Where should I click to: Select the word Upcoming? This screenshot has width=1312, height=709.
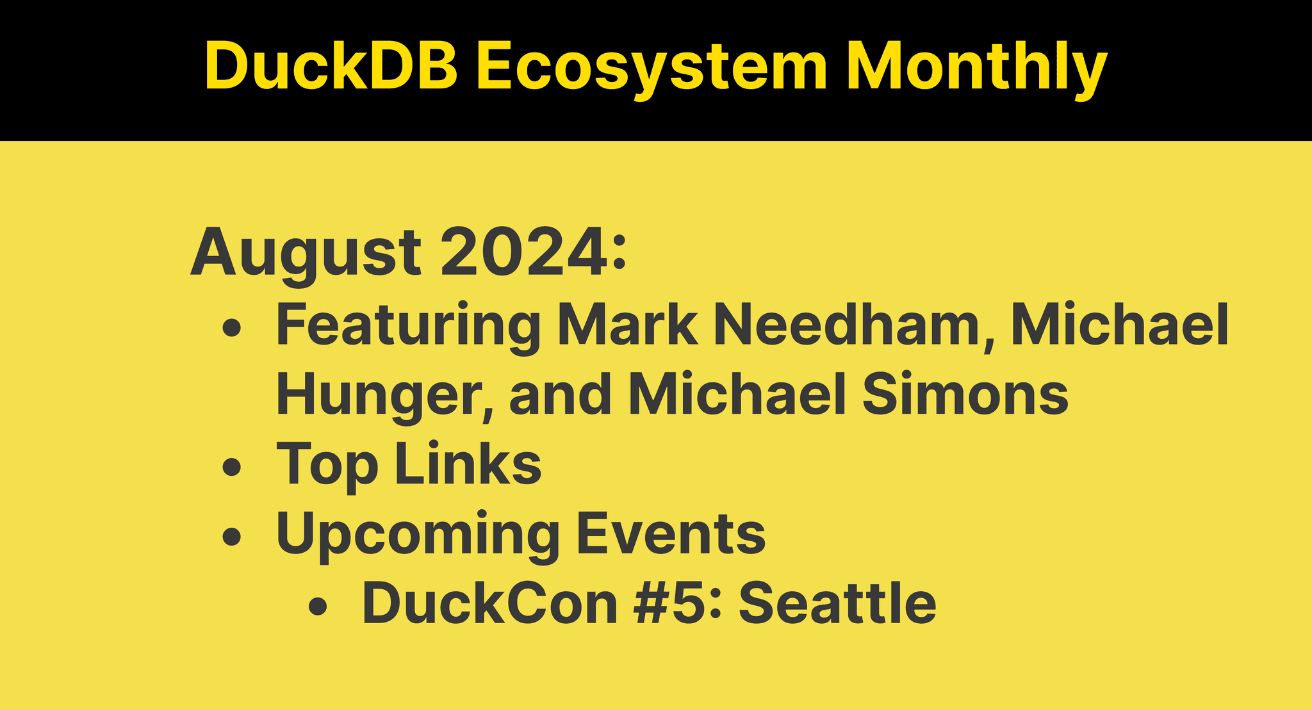(418, 535)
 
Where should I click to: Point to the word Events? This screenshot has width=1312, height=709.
(671, 534)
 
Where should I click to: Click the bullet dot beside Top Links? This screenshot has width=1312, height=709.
(231, 467)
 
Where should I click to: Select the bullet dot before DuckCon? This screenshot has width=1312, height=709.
(318, 607)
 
